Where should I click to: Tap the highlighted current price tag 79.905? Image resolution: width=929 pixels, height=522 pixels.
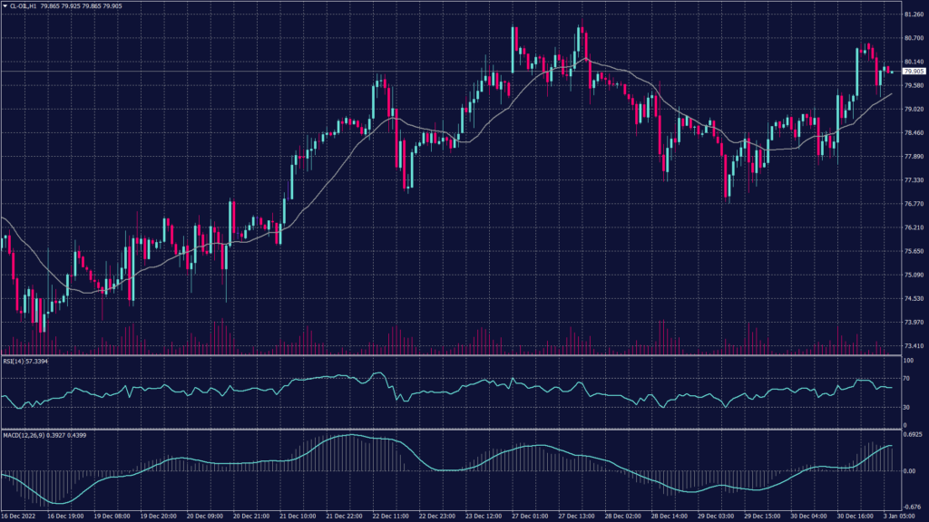coord(912,71)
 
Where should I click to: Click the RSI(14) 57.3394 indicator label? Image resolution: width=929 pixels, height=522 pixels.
coord(24,361)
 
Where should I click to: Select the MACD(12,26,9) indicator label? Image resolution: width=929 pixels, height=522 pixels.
coord(36,435)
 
